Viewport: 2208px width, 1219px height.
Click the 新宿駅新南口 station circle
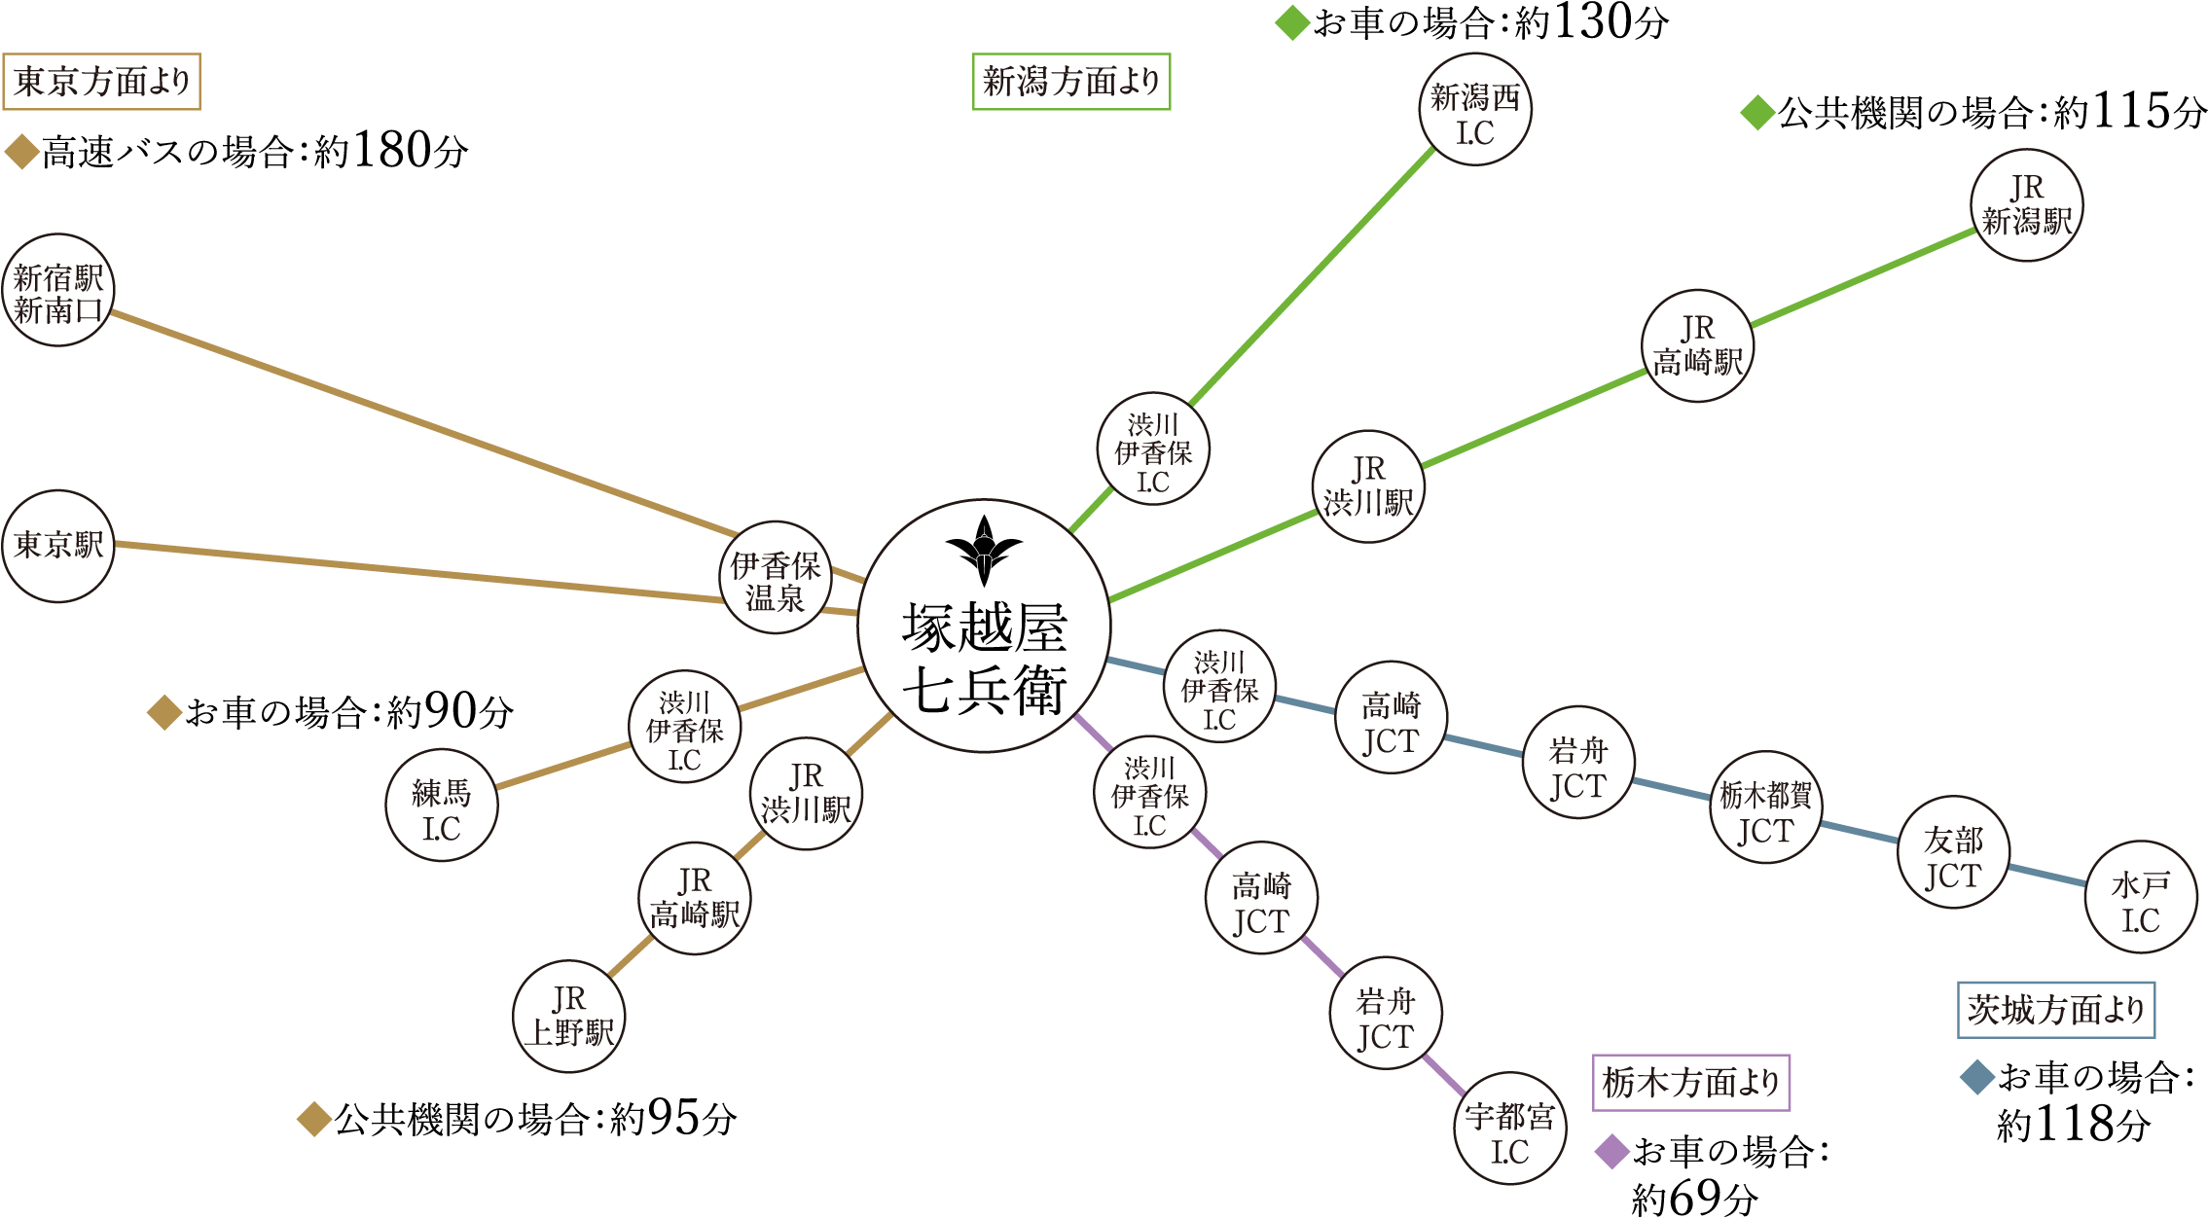coord(58,290)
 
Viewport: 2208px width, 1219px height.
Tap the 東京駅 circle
coord(58,546)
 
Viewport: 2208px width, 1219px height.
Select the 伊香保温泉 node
coord(776,578)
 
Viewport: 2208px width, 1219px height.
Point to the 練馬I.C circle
coord(441,806)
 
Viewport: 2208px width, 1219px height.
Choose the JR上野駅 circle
coord(569,1017)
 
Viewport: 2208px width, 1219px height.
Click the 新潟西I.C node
coord(1475,110)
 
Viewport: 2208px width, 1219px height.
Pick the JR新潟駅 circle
coord(2026,205)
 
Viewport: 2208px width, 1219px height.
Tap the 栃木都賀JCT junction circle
coord(1765,807)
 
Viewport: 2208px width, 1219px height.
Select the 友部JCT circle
coord(1953,852)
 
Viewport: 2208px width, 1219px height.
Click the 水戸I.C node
coord(2141,898)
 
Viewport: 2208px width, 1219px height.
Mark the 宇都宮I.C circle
coord(1510,1129)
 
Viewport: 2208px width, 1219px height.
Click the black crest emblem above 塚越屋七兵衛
coord(984,549)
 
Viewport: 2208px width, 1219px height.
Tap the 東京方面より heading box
coord(101,82)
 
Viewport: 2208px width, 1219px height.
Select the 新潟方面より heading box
coord(1071,82)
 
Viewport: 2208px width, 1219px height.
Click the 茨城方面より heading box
coord(2055,1010)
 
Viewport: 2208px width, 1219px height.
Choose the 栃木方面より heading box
coord(1691,1082)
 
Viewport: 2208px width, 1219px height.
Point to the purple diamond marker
coord(1612,1152)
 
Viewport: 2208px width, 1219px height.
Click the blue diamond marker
coord(1977,1077)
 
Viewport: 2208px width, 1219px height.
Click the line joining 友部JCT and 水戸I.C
coord(2047,875)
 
